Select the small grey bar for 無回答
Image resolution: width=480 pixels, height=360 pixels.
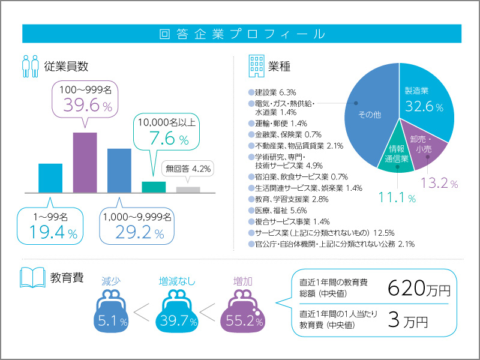click(188, 190)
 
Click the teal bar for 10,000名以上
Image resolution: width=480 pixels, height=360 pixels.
click(154, 187)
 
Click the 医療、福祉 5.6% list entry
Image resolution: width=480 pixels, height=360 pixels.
click(277, 211)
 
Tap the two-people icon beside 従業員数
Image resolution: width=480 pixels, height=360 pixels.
click(30, 66)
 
